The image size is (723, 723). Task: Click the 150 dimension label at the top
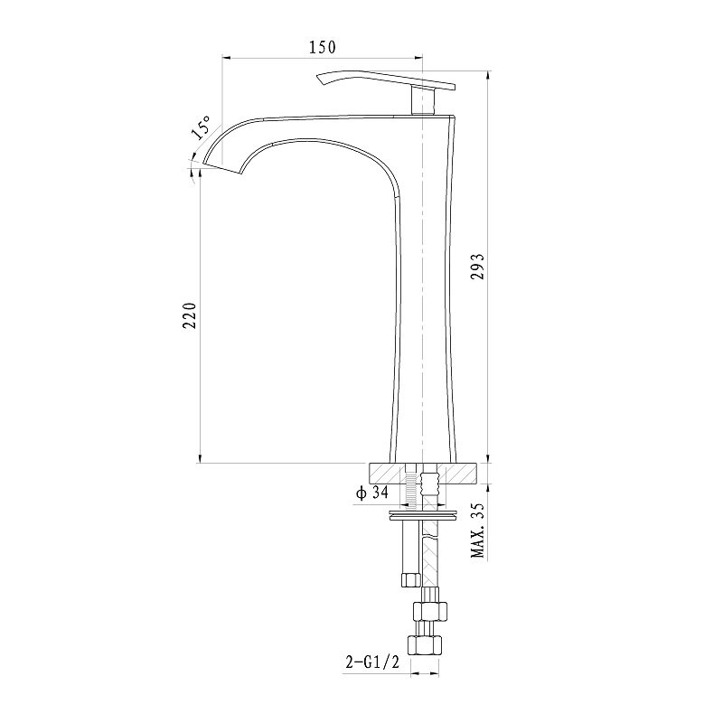[323, 47]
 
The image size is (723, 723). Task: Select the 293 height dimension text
[477, 266]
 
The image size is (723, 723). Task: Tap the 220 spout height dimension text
[190, 315]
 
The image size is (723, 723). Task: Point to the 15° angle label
[201, 127]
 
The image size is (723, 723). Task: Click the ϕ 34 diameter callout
[372, 493]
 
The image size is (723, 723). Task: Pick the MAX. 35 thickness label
[478, 530]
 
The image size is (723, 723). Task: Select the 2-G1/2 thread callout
[372, 662]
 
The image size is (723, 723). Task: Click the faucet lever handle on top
[386, 80]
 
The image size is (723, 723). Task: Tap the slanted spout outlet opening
[222, 169]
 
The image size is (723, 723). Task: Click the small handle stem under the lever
[423, 101]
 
